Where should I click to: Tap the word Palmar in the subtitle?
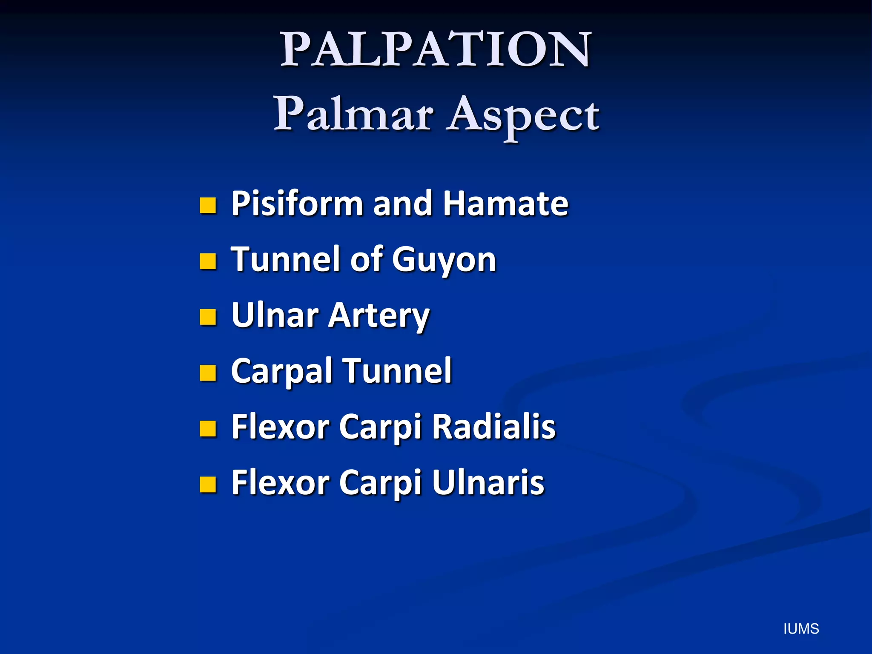[x=353, y=114]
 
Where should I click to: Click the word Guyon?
[x=444, y=260]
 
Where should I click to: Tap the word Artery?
[x=379, y=316]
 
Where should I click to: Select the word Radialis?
[x=494, y=427]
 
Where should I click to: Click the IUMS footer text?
[x=801, y=629]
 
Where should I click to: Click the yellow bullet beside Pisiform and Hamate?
[x=208, y=205]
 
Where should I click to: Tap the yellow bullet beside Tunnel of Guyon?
[x=208, y=261]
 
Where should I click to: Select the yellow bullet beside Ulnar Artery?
[x=208, y=317]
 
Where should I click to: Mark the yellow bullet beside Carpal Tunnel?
[x=208, y=373]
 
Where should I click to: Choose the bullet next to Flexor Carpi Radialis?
[x=208, y=428]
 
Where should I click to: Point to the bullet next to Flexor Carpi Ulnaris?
[x=208, y=484]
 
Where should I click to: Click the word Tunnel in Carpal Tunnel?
[x=397, y=371]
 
